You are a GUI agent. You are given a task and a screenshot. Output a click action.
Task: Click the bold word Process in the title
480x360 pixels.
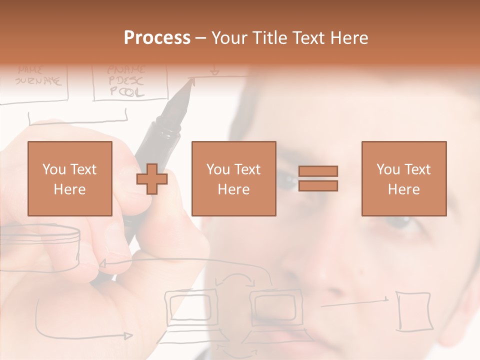coord(157,38)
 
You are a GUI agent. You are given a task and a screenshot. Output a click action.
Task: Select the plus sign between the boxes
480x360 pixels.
coord(152,179)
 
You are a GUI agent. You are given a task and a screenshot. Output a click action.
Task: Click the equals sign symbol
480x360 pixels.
coord(318,178)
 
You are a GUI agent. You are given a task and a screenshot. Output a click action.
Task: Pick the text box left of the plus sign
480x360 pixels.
coord(69,178)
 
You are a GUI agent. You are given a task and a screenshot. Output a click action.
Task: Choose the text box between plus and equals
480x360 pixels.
coord(233,178)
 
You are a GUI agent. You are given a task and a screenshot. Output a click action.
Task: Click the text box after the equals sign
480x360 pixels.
coord(403,178)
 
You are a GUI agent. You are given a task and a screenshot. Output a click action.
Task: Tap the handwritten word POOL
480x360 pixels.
coord(126,92)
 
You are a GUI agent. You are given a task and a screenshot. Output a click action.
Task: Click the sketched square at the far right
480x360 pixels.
coord(413,310)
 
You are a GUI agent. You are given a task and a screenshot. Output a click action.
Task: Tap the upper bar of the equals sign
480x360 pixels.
coord(318,171)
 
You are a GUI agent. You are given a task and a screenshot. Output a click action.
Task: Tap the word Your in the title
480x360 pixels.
coord(228,38)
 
